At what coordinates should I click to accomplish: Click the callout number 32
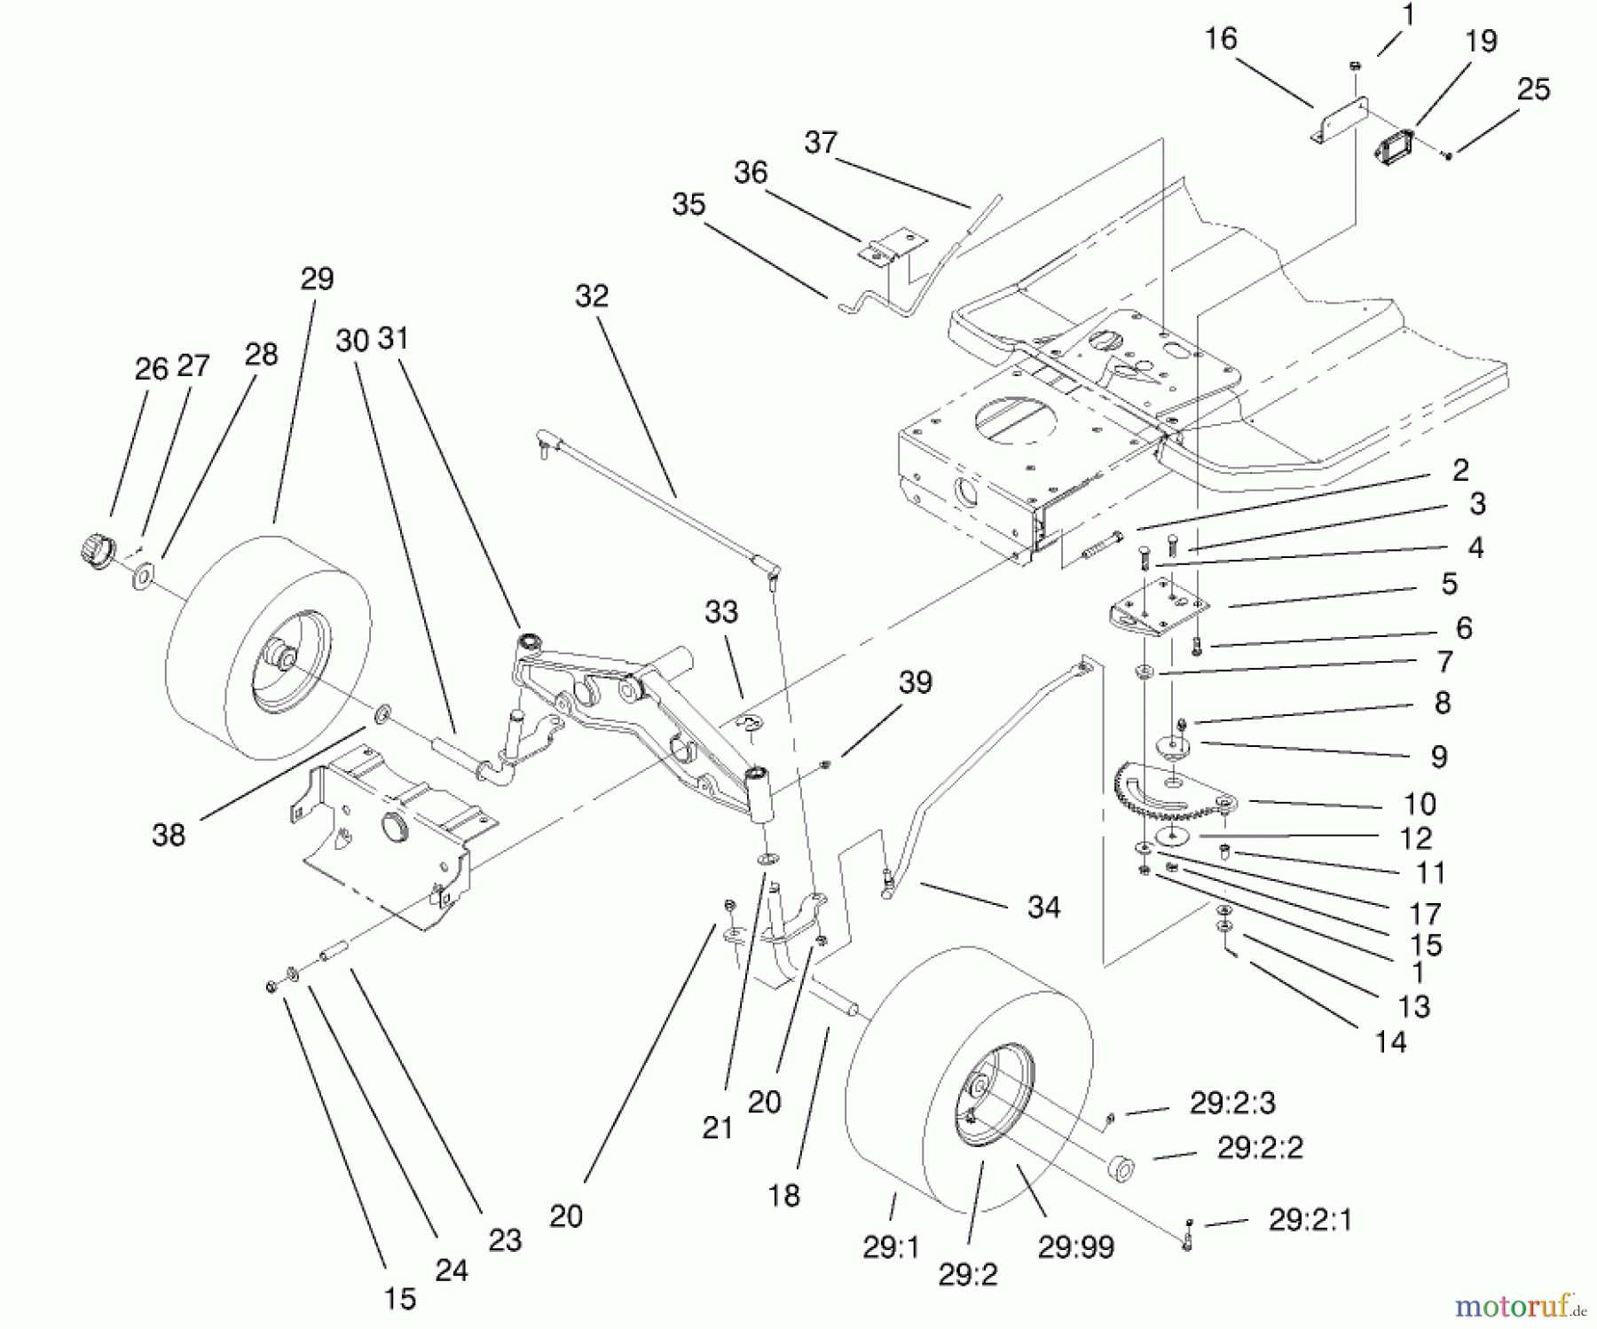pos(592,295)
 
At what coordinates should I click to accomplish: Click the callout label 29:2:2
pos(1259,1148)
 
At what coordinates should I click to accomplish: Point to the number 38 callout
pos(169,834)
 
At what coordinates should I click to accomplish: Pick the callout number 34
pos(1043,907)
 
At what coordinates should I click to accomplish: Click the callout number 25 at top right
pos(1533,89)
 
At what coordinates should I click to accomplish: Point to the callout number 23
pos(505,1239)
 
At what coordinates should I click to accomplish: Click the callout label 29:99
pos(1075,1246)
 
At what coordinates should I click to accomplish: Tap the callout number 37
pos(821,142)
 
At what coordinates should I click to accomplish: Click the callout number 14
pos(1390,1042)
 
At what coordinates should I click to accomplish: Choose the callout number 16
pos(1221,38)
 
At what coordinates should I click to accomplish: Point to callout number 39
pos(916,682)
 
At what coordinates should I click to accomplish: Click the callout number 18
pos(783,1196)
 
